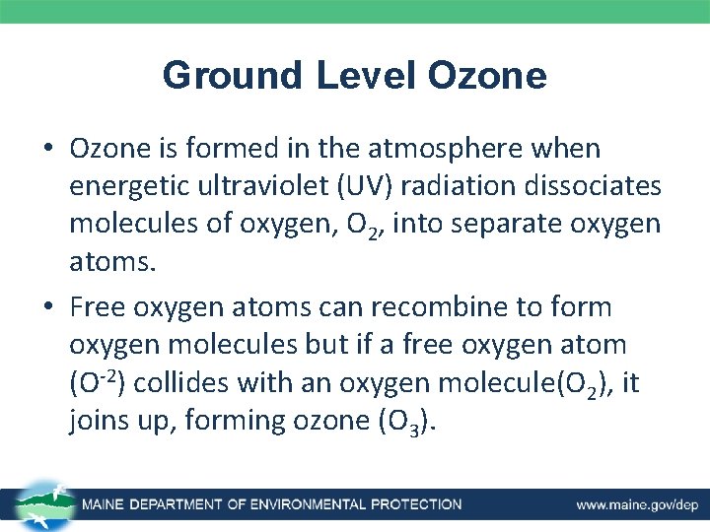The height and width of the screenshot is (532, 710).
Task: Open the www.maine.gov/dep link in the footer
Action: (636, 504)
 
